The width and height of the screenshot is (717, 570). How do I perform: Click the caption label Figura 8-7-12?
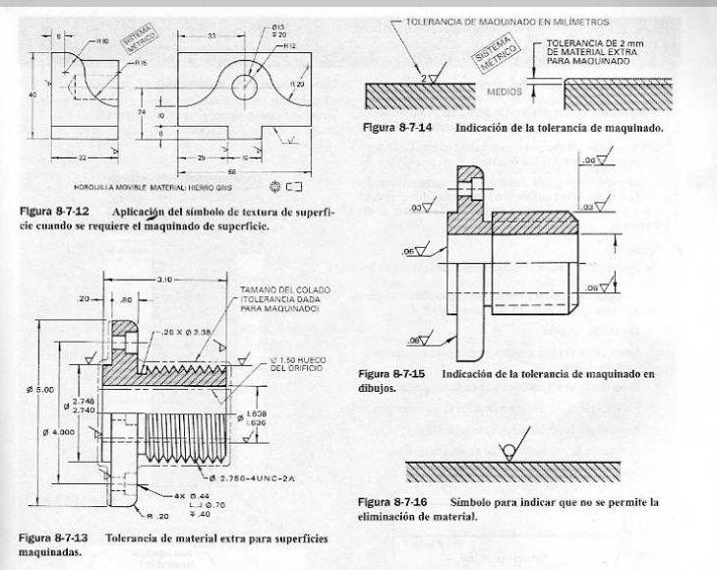[51, 212]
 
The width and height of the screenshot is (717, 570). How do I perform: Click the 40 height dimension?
[32, 95]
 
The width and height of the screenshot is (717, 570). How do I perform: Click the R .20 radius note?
[157, 515]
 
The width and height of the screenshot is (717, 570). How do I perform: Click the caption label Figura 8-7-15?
[392, 374]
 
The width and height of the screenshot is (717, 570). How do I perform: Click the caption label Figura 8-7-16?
[392, 502]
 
